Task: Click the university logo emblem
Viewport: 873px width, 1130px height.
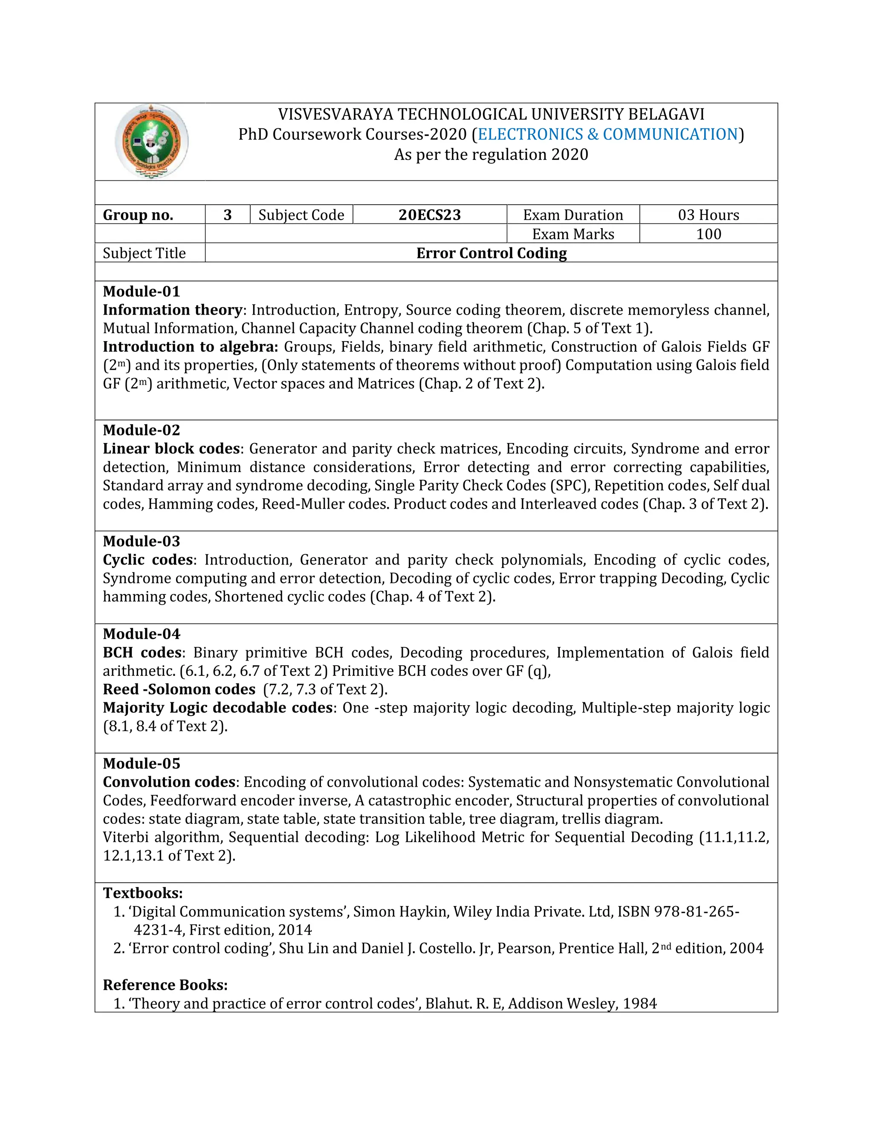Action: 151,141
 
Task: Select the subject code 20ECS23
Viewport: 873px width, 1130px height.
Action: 429,215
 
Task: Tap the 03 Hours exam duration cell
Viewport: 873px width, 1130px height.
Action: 708,215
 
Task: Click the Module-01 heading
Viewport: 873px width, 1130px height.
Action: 141,291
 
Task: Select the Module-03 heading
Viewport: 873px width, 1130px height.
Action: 141,541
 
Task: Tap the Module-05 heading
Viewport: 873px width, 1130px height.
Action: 141,764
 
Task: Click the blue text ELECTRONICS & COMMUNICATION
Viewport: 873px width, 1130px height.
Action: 608,134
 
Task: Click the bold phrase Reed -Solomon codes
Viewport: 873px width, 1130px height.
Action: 179,690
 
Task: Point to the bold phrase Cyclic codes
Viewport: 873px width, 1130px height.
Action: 148,560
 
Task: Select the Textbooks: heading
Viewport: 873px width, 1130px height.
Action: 143,893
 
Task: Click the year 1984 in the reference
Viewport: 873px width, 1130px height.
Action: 640,1004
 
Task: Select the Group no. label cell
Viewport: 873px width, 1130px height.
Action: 138,215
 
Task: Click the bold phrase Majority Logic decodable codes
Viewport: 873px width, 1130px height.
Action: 218,708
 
